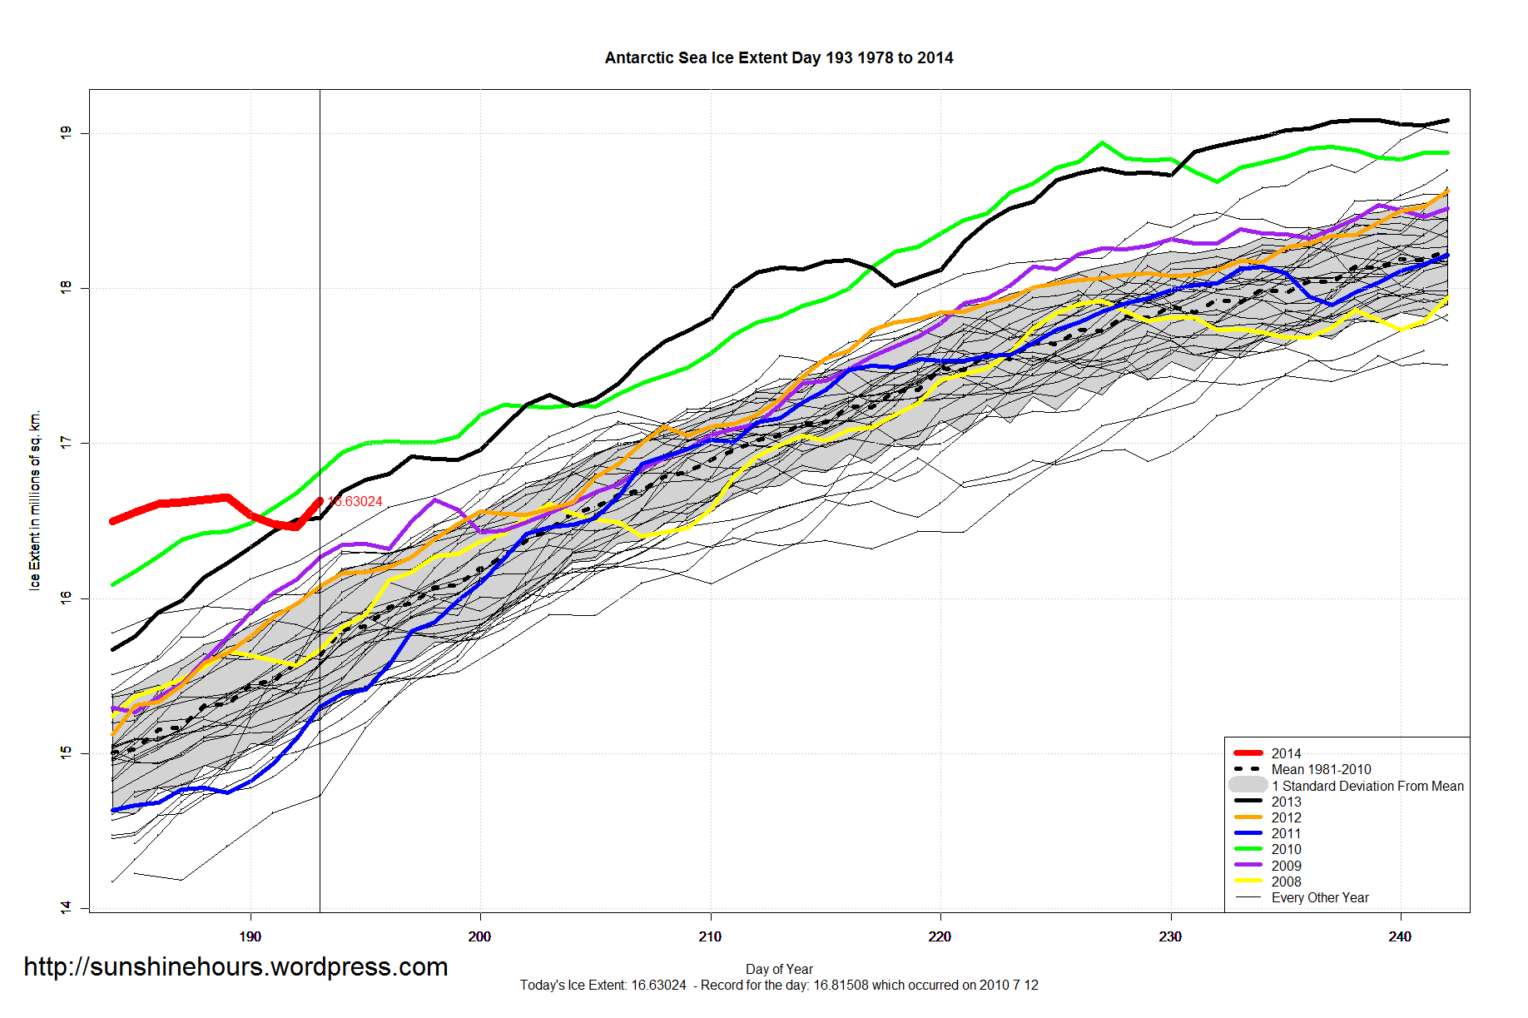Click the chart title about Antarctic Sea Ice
(x=778, y=58)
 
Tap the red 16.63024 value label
(x=356, y=501)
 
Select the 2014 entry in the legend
(x=1286, y=753)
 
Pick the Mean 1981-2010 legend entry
(x=1321, y=769)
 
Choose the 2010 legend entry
(x=1286, y=849)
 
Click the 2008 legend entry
(x=1286, y=881)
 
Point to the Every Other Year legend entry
(x=1320, y=897)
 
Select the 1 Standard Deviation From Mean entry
(x=1367, y=786)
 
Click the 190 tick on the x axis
(x=250, y=936)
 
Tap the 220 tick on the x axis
(x=940, y=936)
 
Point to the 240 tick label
(x=1400, y=936)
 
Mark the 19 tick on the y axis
(x=66, y=132)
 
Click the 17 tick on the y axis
(x=66, y=443)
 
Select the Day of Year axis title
(x=779, y=969)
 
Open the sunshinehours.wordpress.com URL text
(x=236, y=966)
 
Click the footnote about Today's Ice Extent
(x=779, y=986)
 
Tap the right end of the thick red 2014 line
(x=320, y=501)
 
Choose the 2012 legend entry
(x=1286, y=817)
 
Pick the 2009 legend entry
(x=1286, y=866)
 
